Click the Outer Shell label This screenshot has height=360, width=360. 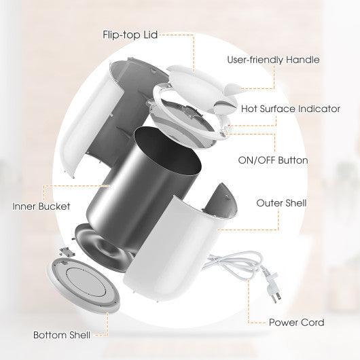[281, 202]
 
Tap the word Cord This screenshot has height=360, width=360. [312, 323]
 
